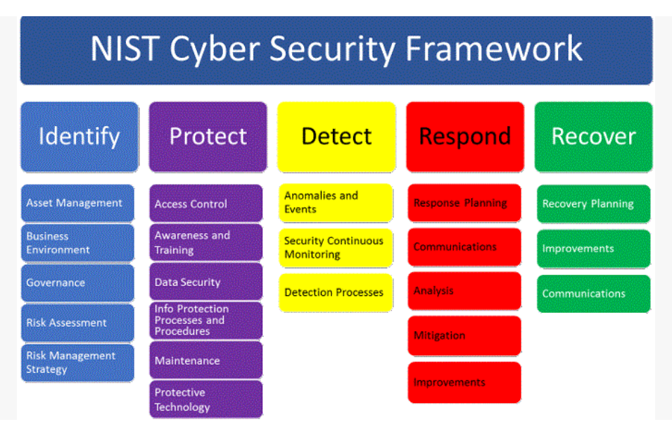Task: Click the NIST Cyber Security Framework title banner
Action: click(x=336, y=49)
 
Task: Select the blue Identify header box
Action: click(x=79, y=137)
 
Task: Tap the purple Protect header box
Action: click(x=208, y=137)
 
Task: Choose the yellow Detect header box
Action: click(x=336, y=137)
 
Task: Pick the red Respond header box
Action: click(x=464, y=137)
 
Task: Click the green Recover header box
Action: click(x=593, y=137)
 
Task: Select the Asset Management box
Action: click(x=77, y=203)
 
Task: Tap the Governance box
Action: click(x=77, y=283)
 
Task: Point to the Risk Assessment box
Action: click(x=77, y=323)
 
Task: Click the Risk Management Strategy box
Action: click(x=77, y=362)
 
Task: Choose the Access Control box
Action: click(x=205, y=204)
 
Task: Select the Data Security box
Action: click(x=205, y=282)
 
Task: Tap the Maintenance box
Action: click(x=205, y=360)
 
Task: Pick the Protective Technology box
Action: click(x=205, y=399)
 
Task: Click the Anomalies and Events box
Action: click(x=336, y=202)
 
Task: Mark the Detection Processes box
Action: click(x=336, y=292)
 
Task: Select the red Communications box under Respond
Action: click(x=464, y=247)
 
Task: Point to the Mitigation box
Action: click(x=464, y=335)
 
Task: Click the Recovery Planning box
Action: click(x=593, y=204)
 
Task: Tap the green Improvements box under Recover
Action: click(x=593, y=249)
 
